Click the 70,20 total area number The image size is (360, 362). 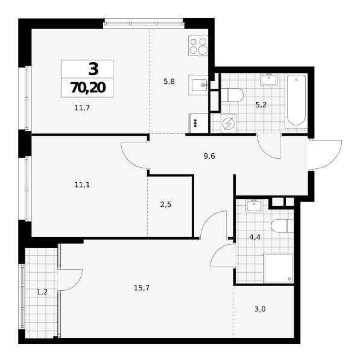point(88,87)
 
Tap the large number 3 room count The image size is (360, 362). point(93,69)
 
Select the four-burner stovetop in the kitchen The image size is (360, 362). point(198,45)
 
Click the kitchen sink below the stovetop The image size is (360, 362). point(198,85)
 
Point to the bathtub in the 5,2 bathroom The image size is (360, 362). point(296,101)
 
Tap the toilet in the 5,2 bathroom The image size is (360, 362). point(232,95)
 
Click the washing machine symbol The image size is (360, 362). point(228,124)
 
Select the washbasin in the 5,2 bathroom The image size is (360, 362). point(269,80)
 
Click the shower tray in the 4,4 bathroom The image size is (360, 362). point(279,268)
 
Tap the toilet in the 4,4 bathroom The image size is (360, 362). point(283,226)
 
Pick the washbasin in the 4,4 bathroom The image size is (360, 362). point(254,206)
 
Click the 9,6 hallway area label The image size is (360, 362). point(209,156)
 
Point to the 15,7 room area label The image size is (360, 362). point(142,288)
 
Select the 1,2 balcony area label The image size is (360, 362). point(42,292)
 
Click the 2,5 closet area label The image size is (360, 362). point(166,205)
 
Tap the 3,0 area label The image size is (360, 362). point(260,309)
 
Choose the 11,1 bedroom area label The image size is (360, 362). point(82,185)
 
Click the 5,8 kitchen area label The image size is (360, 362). point(169,81)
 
